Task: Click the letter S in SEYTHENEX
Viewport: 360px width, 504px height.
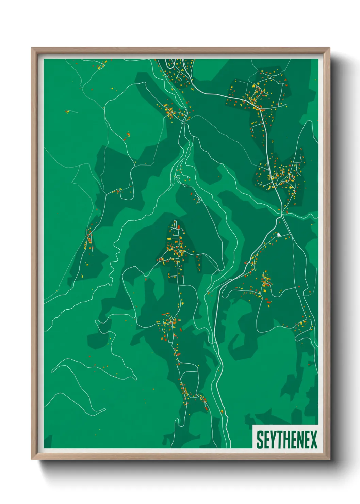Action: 260,440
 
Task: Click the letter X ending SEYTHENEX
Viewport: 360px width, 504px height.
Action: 313,440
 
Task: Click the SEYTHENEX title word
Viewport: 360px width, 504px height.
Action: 287,440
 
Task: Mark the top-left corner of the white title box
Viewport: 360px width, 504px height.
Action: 253,425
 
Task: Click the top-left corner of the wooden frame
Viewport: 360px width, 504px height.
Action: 32,48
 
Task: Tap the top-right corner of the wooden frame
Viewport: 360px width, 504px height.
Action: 329,48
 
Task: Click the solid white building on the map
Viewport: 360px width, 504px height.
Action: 279,234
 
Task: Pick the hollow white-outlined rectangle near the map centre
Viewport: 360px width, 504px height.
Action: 178,177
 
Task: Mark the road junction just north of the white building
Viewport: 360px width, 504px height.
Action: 282,215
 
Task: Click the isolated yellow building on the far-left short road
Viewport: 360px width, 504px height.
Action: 67,111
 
